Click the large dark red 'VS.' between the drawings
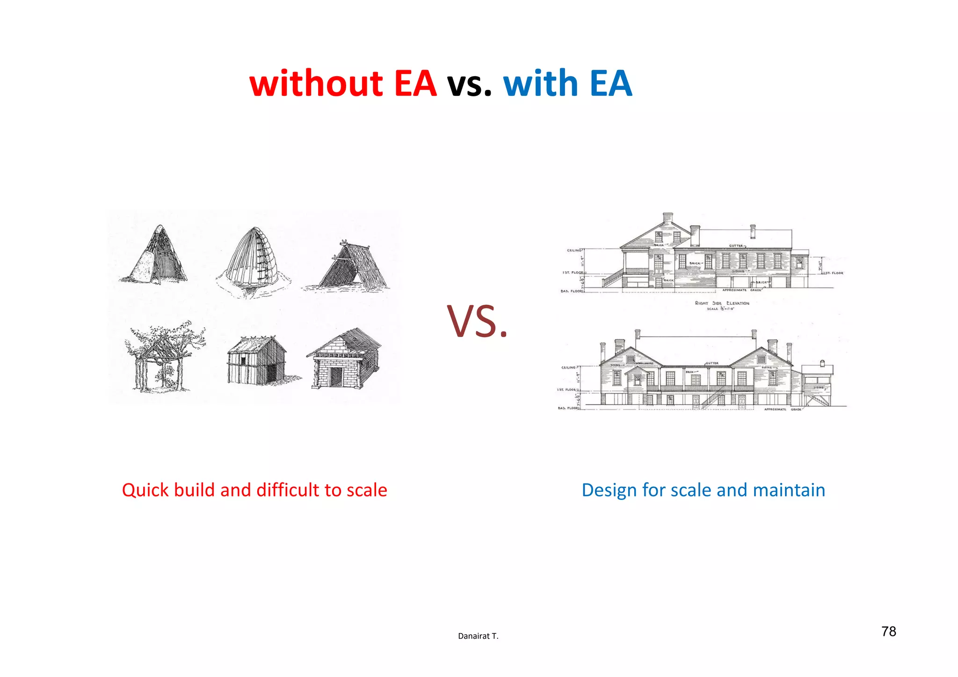[x=477, y=322]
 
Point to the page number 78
[x=888, y=632]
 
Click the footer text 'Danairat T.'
[x=478, y=636]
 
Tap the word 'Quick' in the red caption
[x=145, y=490]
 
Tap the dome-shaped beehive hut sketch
[x=253, y=259]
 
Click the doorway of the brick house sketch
[x=335, y=377]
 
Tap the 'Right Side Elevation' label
[x=722, y=303]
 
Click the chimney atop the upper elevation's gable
[x=668, y=217]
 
